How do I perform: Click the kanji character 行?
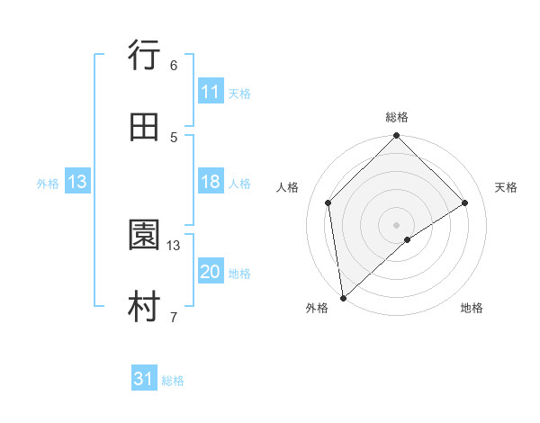pyautogui.click(x=145, y=58)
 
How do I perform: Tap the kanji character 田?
pyautogui.click(x=145, y=128)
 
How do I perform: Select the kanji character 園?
pyautogui.click(x=145, y=237)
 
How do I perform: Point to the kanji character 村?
pyautogui.click(x=145, y=307)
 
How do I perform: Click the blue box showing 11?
pyautogui.click(x=210, y=92)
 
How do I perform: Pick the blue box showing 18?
pyautogui.click(x=210, y=183)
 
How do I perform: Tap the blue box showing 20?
pyautogui.click(x=210, y=272)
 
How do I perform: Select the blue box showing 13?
pyautogui.click(x=77, y=183)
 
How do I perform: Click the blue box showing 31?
pyautogui.click(x=144, y=380)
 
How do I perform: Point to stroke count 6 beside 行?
pyautogui.click(x=173, y=66)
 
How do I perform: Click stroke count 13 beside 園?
pyautogui.click(x=174, y=245)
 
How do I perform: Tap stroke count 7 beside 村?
pyautogui.click(x=173, y=316)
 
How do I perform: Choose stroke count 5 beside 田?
pyautogui.click(x=173, y=137)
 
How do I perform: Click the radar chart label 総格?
pyautogui.click(x=397, y=117)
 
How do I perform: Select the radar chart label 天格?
pyautogui.click(x=507, y=187)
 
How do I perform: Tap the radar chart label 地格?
pyautogui.click(x=472, y=308)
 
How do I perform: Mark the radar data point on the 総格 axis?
pyautogui.click(x=397, y=137)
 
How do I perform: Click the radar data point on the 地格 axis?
pyautogui.click(x=408, y=239)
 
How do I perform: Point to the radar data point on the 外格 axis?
pyautogui.click(x=343, y=297)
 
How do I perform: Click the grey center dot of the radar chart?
pyautogui.click(x=397, y=224)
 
